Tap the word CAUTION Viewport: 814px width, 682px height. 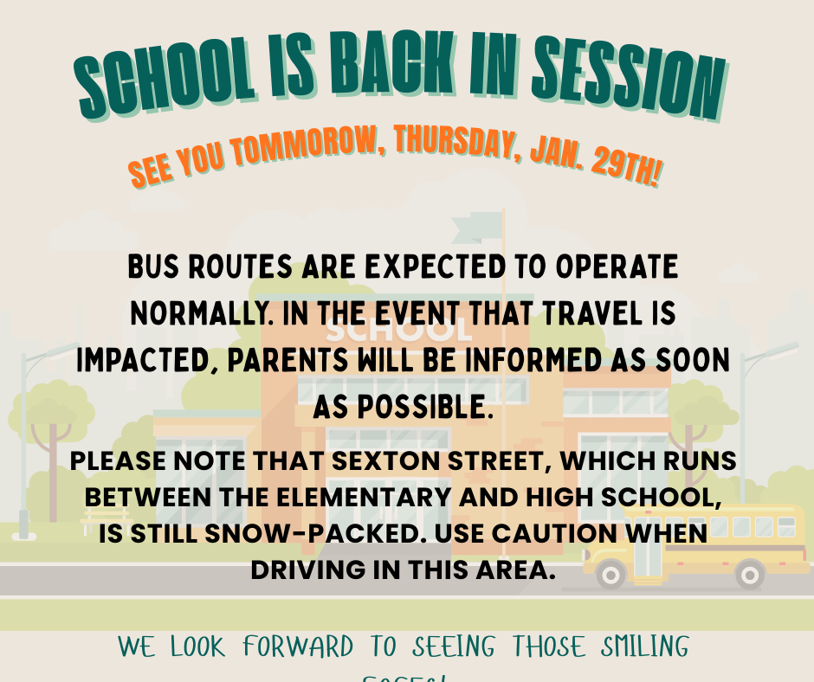[558, 534]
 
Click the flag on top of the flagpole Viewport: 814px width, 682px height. [477, 227]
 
